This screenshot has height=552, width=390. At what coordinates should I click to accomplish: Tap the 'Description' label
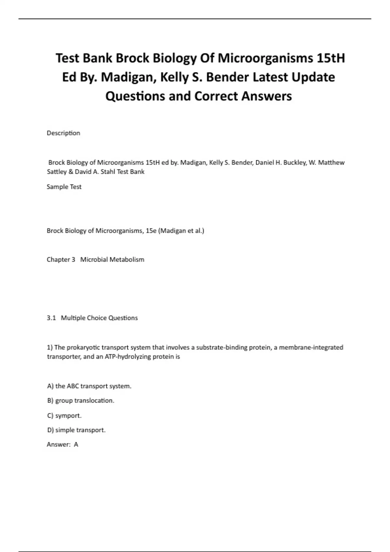[x=63, y=133]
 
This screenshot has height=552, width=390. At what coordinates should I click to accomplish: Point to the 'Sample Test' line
[x=64, y=187]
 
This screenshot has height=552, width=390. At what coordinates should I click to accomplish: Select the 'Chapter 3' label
[x=61, y=260]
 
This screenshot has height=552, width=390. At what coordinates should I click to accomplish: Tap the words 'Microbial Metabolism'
[x=112, y=260]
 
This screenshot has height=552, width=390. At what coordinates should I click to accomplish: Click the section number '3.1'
[x=51, y=318]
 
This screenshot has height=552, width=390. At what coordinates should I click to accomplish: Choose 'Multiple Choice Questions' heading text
[x=99, y=318]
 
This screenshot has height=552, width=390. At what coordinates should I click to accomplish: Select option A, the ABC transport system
[x=89, y=386]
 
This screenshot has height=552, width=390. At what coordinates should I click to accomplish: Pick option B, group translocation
[x=81, y=401]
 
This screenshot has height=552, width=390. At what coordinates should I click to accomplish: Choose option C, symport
[x=64, y=416]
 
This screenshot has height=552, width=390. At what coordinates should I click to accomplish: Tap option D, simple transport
[x=76, y=430]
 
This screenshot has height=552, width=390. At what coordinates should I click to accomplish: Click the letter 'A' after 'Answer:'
[x=76, y=445]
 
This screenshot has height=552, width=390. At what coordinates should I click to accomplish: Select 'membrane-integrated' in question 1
[x=311, y=347]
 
